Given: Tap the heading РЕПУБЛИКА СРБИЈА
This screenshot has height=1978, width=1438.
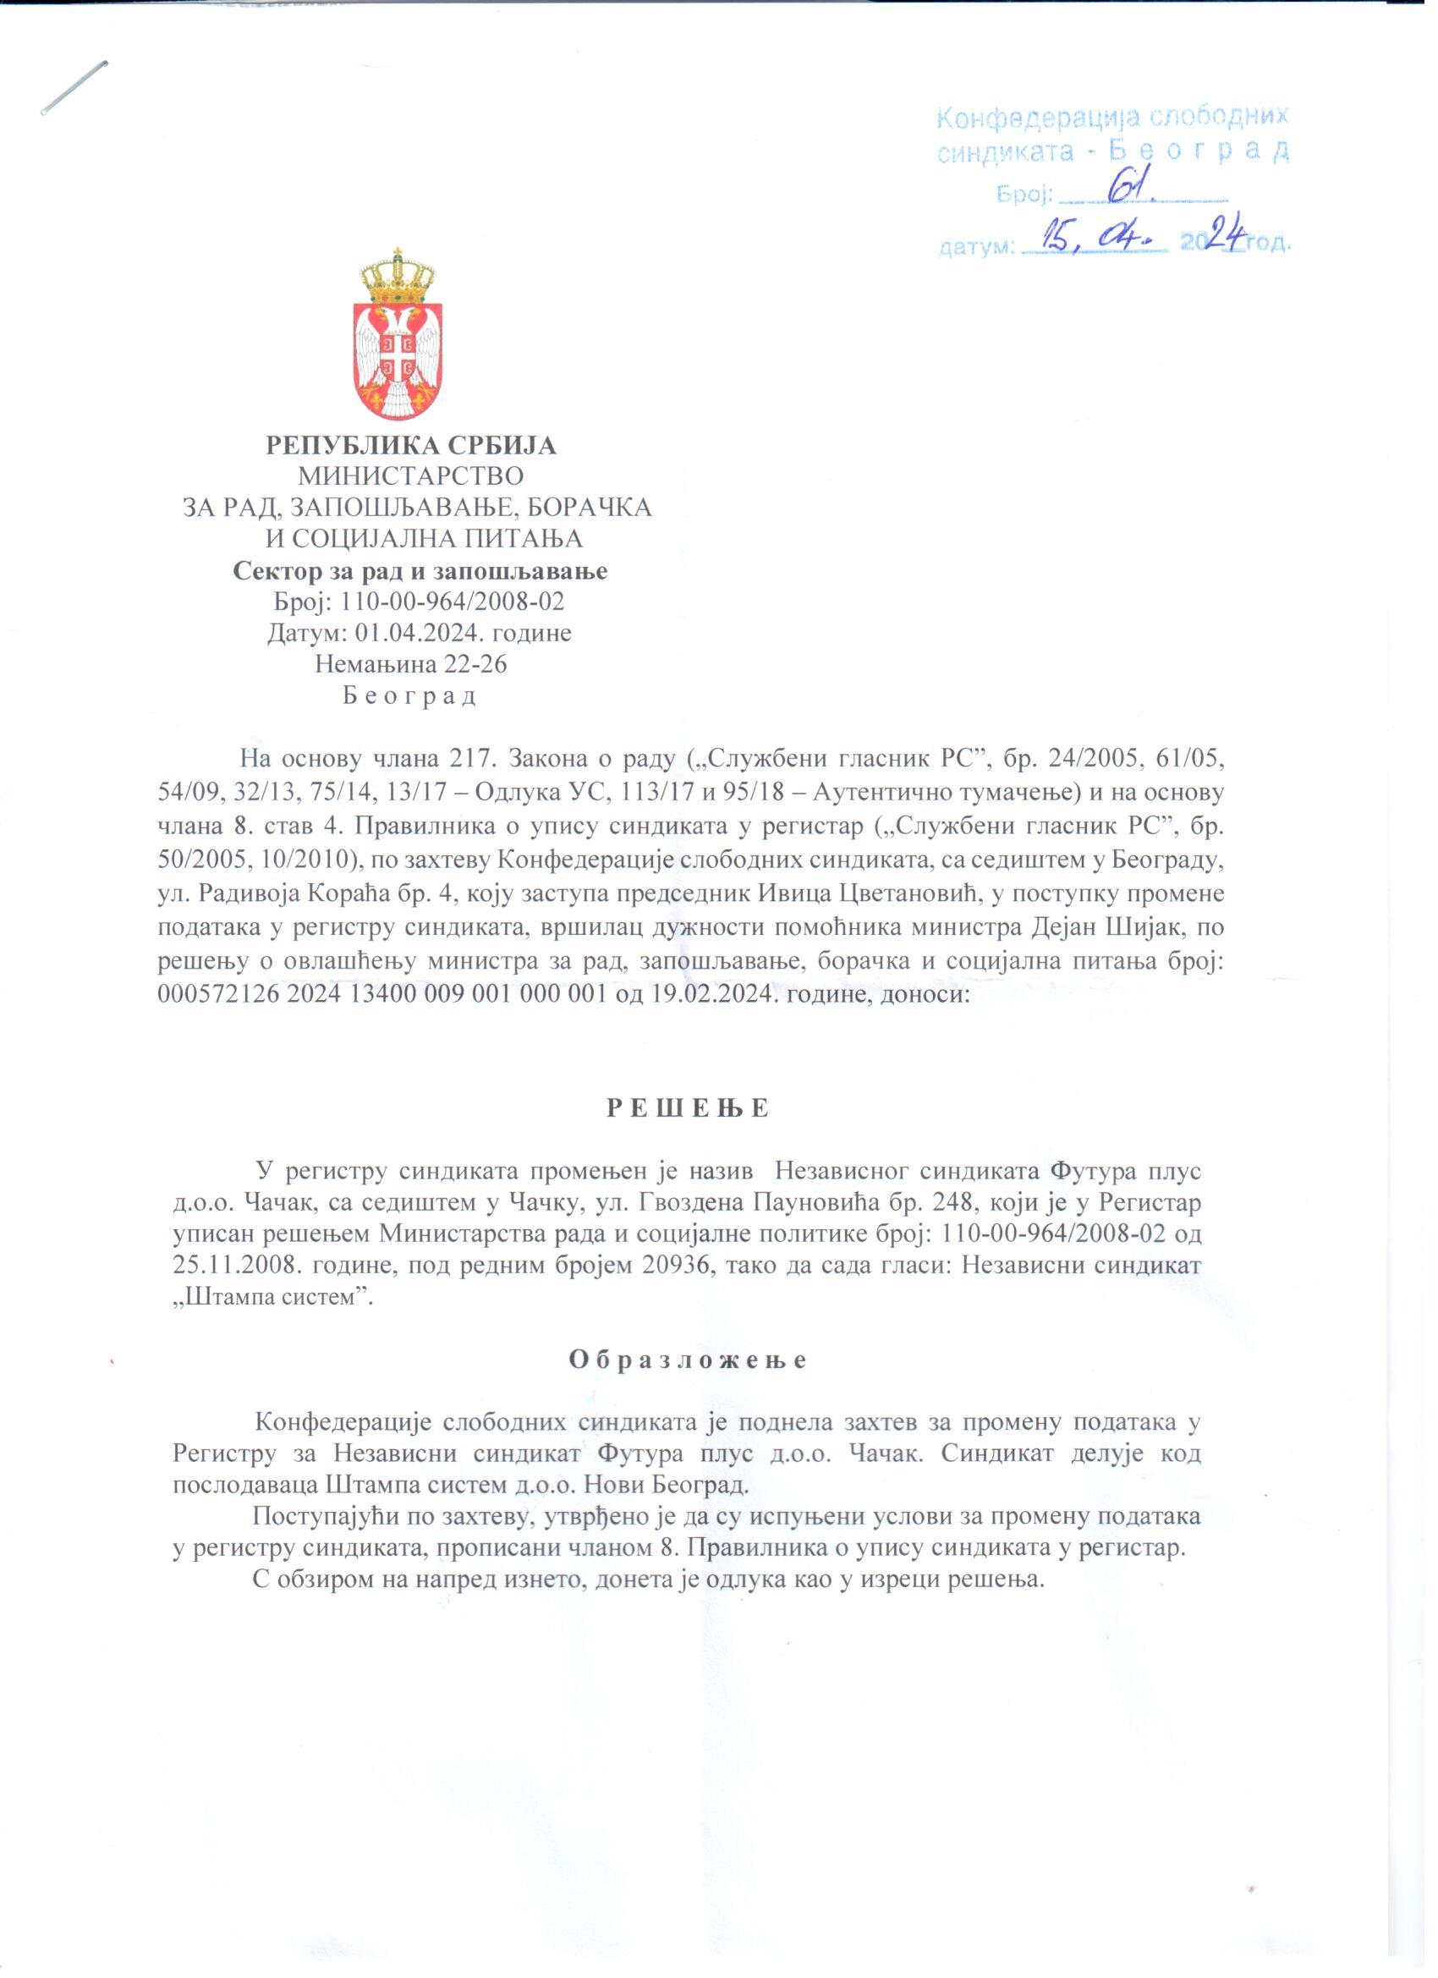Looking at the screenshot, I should [411, 446].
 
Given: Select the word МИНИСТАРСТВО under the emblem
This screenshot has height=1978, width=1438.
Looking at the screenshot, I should [411, 477].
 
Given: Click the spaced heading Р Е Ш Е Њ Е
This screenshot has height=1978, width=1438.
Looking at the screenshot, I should [688, 1108].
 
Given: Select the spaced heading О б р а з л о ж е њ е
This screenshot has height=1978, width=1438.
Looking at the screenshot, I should [688, 1360].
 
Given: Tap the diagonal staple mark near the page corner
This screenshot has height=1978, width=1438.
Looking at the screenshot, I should [74, 87].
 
